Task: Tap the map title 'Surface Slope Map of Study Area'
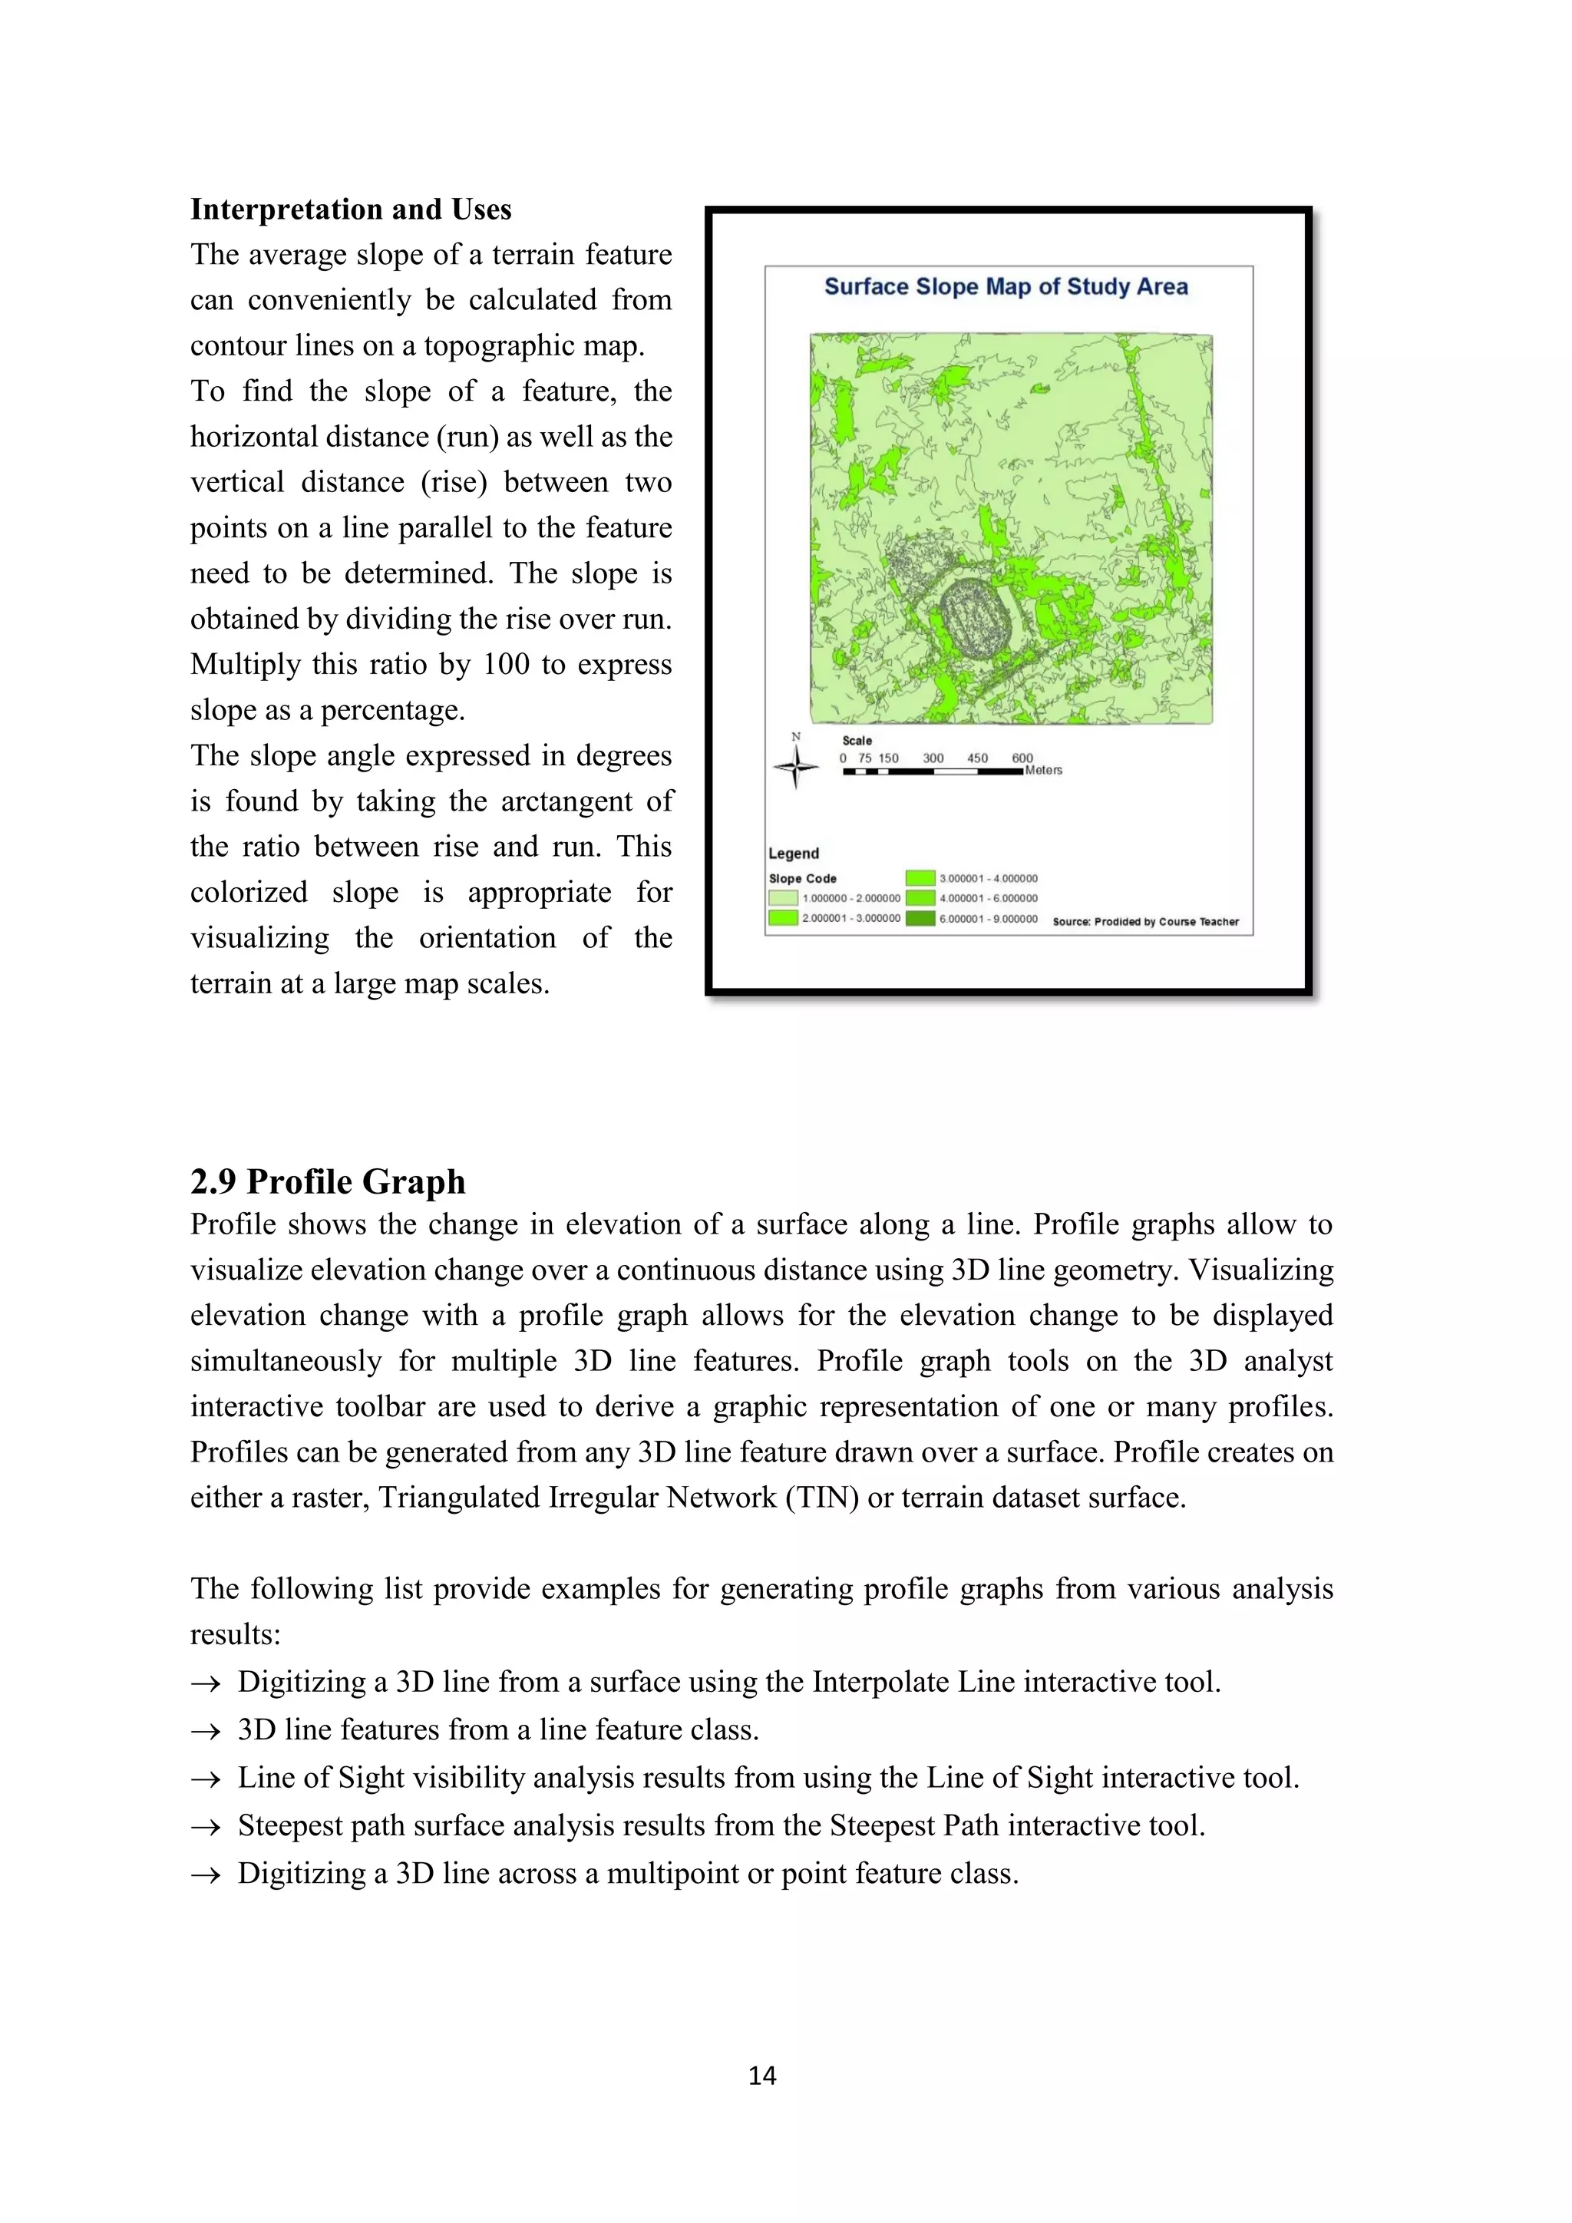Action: (x=1006, y=286)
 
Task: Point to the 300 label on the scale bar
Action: (x=933, y=758)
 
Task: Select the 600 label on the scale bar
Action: (x=1022, y=758)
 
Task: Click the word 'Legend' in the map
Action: (x=793, y=853)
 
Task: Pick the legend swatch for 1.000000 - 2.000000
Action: (x=783, y=897)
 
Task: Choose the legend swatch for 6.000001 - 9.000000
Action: (x=920, y=918)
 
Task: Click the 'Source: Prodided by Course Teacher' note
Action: (x=1145, y=922)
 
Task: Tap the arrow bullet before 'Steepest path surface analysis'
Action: (x=205, y=1827)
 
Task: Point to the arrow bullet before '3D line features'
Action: (x=205, y=1731)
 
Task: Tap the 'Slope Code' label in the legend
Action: (x=802, y=878)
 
